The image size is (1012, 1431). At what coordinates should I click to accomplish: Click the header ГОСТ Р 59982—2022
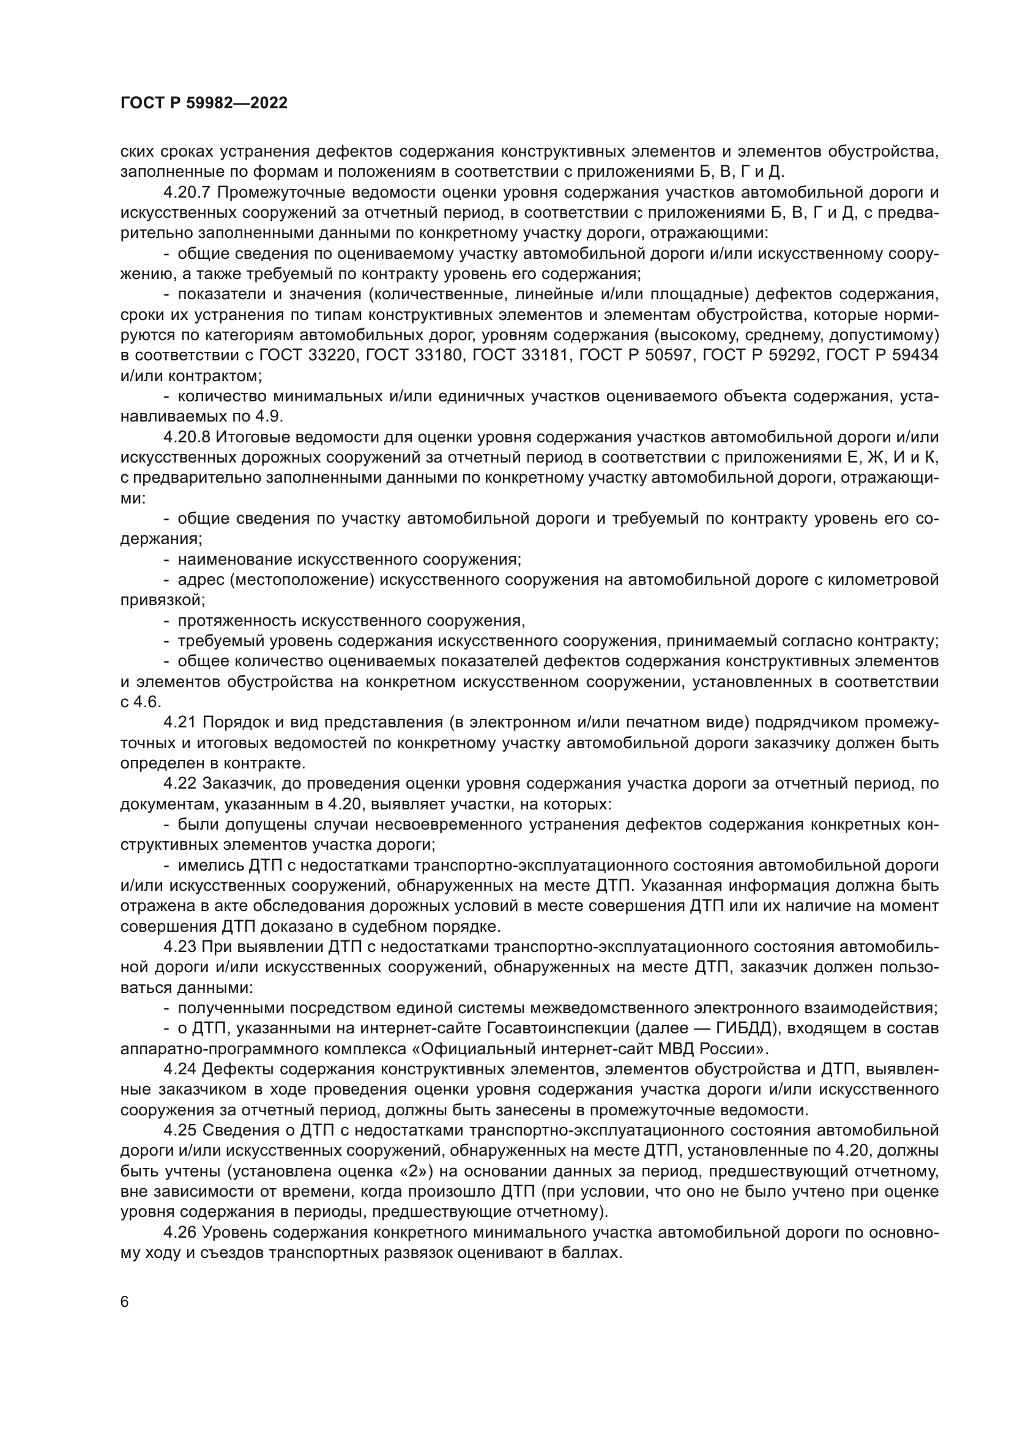click(204, 103)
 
